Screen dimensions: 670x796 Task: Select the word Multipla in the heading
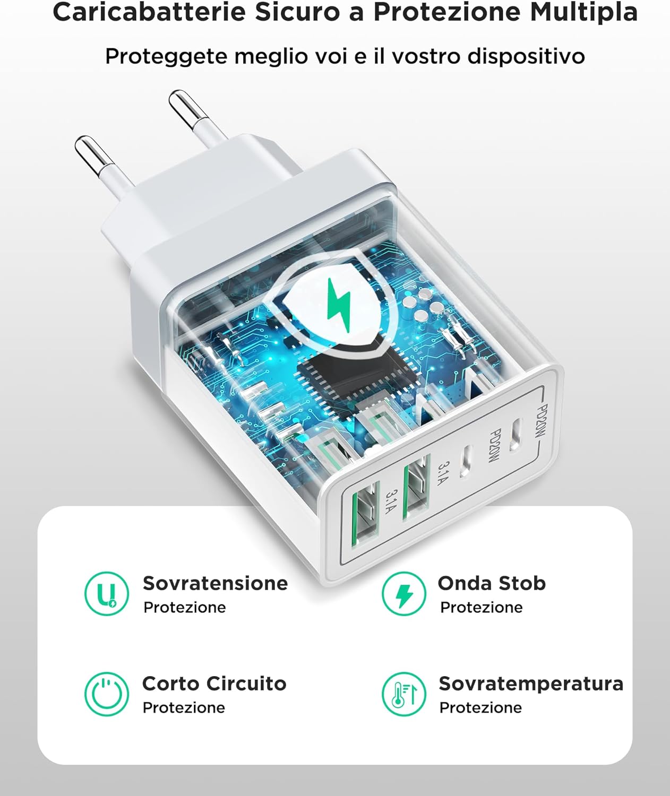coord(584,12)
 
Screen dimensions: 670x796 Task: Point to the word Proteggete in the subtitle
coord(166,56)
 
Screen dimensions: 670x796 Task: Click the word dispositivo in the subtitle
coord(526,56)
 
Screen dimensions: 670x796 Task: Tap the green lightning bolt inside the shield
coord(339,305)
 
